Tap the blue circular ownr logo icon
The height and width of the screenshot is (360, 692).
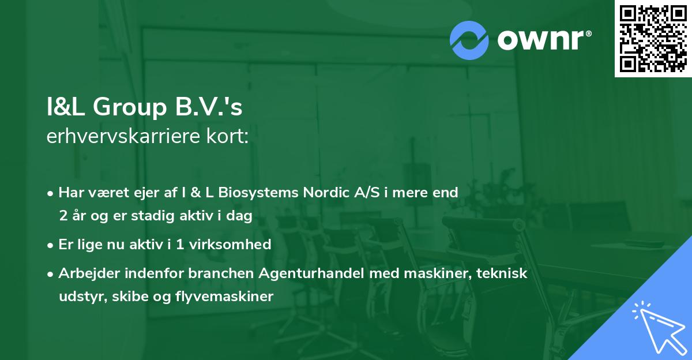[x=469, y=40]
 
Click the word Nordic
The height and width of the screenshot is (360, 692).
[x=324, y=193]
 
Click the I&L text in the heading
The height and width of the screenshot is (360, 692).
[x=66, y=108]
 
